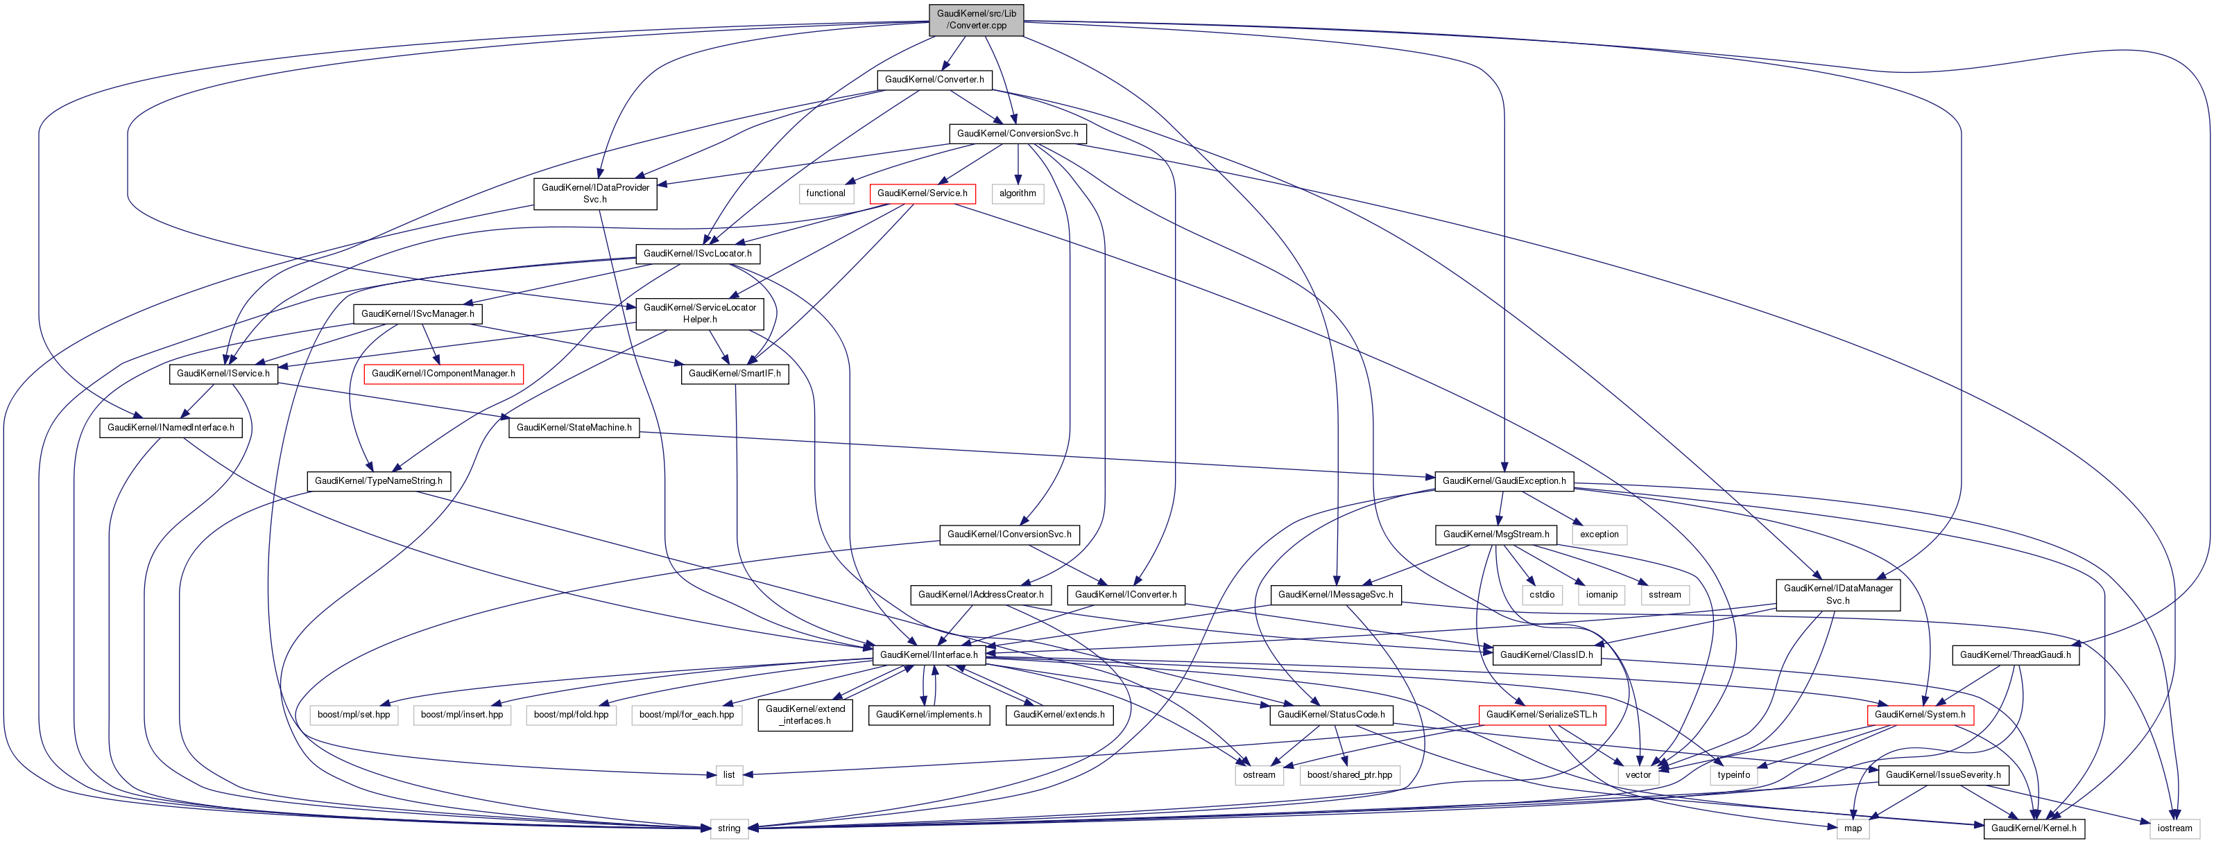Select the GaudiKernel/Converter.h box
[934, 79]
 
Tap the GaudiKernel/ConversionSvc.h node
[1017, 133]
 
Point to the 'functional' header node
[825, 193]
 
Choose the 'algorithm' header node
[1018, 193]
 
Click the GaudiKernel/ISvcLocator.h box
[697, 254]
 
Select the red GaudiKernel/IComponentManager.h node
[443, 374]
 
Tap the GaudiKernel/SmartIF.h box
[734, 374]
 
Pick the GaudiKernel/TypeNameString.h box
[378, 480]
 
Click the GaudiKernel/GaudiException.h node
[1503, 480]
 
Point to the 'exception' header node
[1599, 535]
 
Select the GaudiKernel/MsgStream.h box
[1495, 535]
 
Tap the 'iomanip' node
[1601, 595]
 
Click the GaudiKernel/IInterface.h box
[928, 655]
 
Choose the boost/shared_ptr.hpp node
[1348, 775]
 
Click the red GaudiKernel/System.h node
[1919, 715]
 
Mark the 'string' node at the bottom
[729, 828]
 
